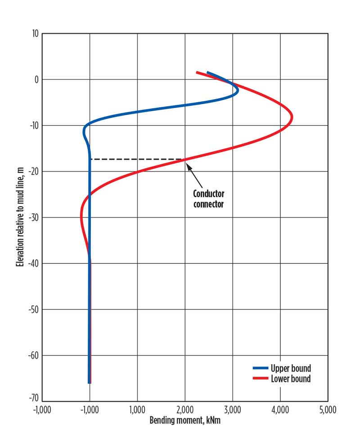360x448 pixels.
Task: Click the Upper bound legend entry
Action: click(290, 369)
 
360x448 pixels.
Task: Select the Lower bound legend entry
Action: click(290, 379)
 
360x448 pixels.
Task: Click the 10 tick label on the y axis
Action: click(34, 33)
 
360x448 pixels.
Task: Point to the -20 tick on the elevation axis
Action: click(32, 172)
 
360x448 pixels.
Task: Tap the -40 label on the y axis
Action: click(32, 263)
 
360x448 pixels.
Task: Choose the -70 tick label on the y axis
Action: click(32, 401)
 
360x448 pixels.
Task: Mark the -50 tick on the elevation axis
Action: click(32, 309)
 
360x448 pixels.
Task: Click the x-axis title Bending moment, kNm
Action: click(184, 421)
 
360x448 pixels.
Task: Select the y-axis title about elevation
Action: click(19, 217)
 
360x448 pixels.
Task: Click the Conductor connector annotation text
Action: click(208, 199)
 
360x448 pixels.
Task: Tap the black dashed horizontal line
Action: click(135, 159)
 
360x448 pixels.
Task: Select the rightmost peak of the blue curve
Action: click(238, 90)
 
